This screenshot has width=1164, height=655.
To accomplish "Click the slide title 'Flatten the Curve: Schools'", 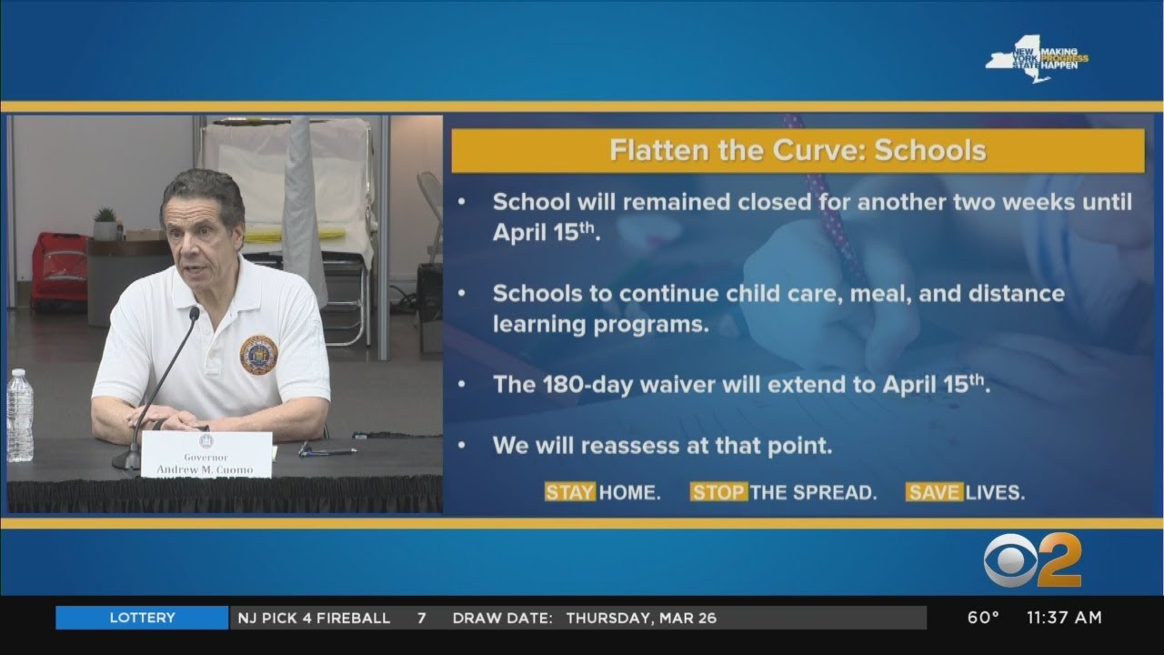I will click(x=798, y=150).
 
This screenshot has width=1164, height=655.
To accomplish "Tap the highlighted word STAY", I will click(x=569, y=492).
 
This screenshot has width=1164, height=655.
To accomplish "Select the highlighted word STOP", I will click(x=718, y=492).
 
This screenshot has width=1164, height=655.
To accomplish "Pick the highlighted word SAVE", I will click(x=933, y=492).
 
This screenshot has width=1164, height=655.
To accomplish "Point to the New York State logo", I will click(x=1017, y=61).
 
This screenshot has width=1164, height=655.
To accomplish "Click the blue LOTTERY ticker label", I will click(x=142, y=618).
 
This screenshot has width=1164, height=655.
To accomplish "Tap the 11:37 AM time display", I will click(x=1064, y=618).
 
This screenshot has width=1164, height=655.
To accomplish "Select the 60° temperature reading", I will click(x=982, y=618).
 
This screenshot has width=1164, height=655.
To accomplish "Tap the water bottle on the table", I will click(x=20, y=416).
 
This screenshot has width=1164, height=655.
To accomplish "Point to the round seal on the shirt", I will click(x=258, y=355).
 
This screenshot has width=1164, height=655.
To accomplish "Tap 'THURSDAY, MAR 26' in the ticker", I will click(x=641, y=618).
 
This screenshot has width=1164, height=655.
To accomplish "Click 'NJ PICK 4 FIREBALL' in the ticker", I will click(x=314, y=618).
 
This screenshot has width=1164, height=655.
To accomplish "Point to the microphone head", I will click(x=194, y=313).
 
